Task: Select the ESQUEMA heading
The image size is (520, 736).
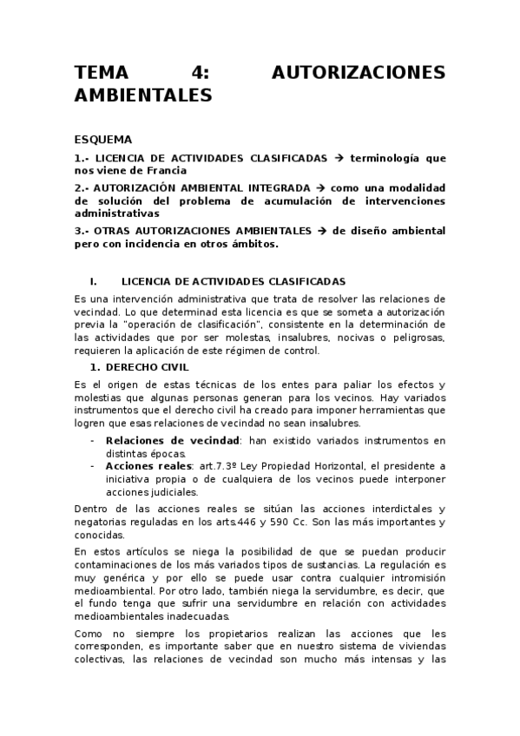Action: (x=103, y=138)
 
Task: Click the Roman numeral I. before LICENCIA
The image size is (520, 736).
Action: (x=94, y=281)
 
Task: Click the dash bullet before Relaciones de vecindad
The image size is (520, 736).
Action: (x=94, y=441)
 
